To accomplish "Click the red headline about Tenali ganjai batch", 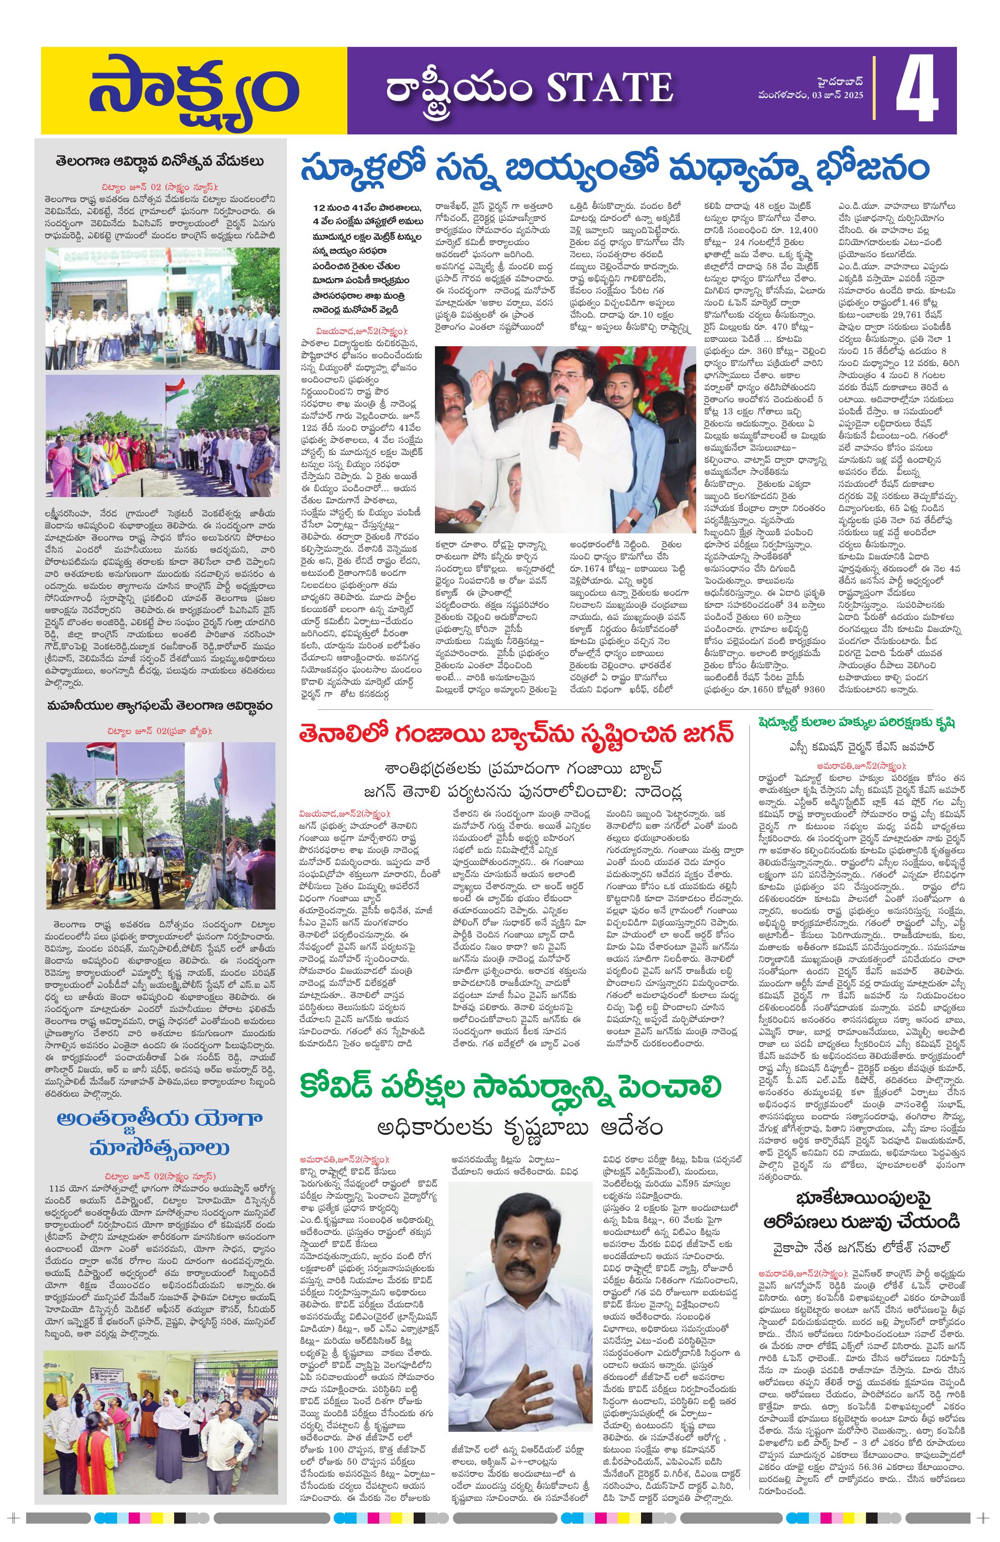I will pyautogui.click(x=517, y=736).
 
